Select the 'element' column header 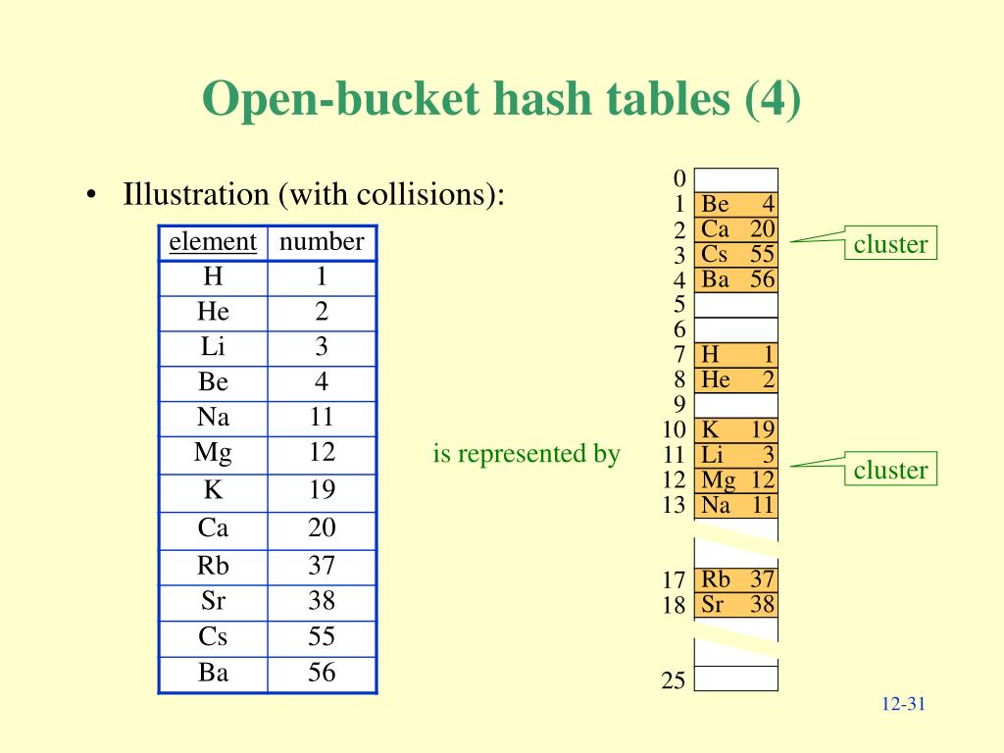pyautogui.click(x=213, y=242)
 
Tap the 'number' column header pyautogui.click(x=322, y=242)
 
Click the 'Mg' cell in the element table pyautogui.click(x=213, y=453)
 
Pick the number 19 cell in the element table pyautogui.click(x=322, y=490)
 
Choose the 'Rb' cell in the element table pyautogui.click(x=213, y=566)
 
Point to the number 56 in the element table pyautogui.click(x=322, y=673)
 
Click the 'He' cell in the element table pyautogui.click(x=213, y=313)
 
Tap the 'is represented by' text pyautogui.click(x=527, y=454)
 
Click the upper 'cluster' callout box pyautogui.click(x=890, y=244)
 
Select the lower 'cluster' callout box pyautogui.click(x=890, y=470)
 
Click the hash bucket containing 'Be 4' pyautogui.click(x=736, y=205)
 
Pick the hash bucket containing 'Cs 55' pyautogui.click(x=736, y=255)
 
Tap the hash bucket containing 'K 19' pyautogui.click(x=736, y=430)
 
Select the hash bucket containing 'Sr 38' pyautogui.click(x=736, y=605)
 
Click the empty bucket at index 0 pyautogui.click(x=736, y=179)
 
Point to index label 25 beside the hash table pyautogui.click(x=673, y=680)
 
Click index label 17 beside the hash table pyautogui.click(x=673, y=580)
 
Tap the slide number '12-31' pyautogui.click(x=904, y=705)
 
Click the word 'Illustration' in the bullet pyautogui.click(x=196, y=194)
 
